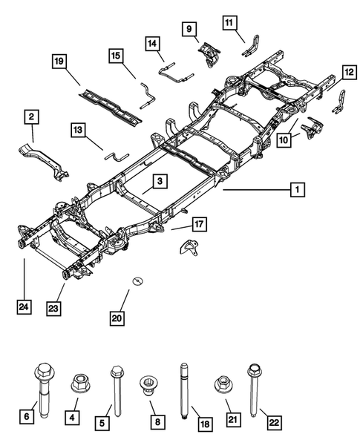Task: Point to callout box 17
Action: (199, 222)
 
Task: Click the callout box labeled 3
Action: (159, 180)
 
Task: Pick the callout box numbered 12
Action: (348, 73)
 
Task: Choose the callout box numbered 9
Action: (190, 29)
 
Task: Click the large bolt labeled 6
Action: (42, 387)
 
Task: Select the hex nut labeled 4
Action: (79, 385)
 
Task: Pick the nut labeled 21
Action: (220, 385)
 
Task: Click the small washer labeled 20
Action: (137, 280)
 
